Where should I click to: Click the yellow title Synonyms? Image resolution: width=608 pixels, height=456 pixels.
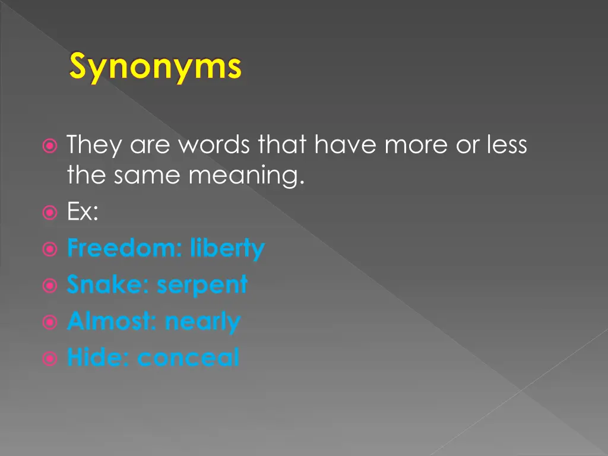[x=156, y=67]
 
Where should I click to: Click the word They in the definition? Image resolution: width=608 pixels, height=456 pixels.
[x=94, y=144]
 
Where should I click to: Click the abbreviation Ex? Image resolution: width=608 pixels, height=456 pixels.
[x=83, y=212]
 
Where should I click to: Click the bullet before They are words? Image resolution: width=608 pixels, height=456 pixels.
[x=50, y=145]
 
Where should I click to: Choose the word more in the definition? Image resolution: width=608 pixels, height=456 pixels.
[x=416, y=144]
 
